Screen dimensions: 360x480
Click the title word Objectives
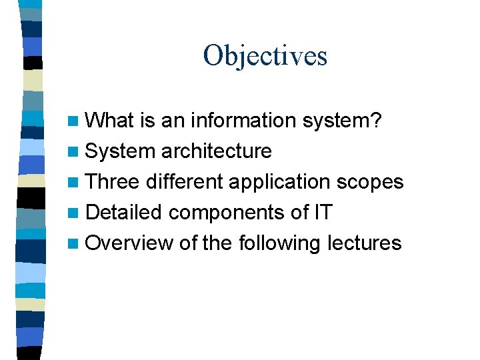tap(265, 56)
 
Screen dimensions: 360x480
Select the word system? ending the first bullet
tap(341, 121)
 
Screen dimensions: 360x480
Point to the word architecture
tap(216, 151)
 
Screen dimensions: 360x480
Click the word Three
tap(113, 182)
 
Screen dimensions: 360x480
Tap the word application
tap(279, 182)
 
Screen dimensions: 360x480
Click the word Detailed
tap(124, 213)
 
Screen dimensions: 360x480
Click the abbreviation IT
tap(322, 213)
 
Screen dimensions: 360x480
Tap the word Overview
tap(129, 243)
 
